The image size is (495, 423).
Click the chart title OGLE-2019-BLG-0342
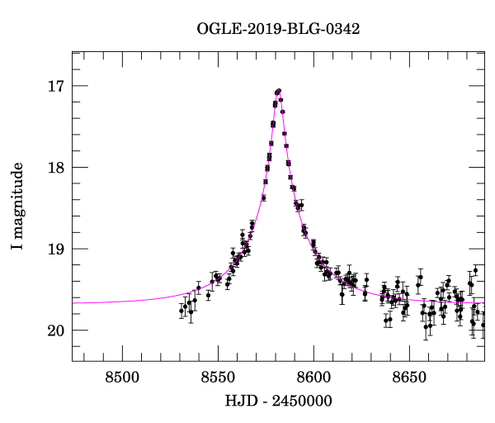click(278, 29)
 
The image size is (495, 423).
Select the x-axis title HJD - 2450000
click(278, 402)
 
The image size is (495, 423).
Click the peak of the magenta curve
click(279, 90)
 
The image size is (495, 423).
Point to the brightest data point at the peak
click(279, 91)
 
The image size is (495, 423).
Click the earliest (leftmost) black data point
click(181, 311)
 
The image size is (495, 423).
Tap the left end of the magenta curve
click(73, 303)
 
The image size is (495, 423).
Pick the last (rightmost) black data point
click(483, 325)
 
